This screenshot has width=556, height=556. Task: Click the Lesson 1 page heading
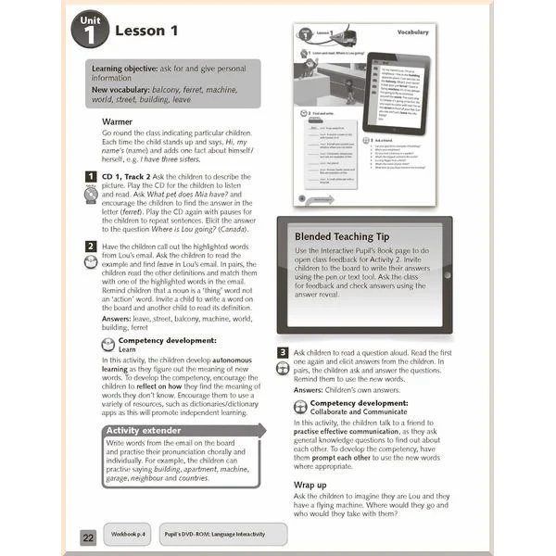point(145,32)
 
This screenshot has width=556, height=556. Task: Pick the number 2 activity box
point(91,246)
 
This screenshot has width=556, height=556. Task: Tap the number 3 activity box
point(283,353)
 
